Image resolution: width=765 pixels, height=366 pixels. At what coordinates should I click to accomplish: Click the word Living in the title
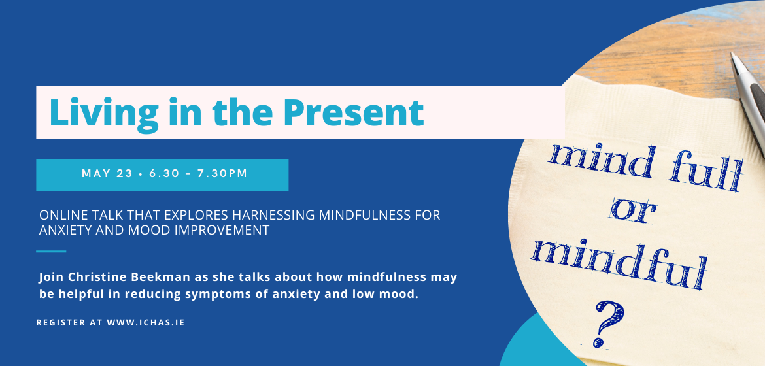pyautogui.click(x=104, y=114)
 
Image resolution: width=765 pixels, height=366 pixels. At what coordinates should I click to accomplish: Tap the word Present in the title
pyautogui.click(x=354, y=112)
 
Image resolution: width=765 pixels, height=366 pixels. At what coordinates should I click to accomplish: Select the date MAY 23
pyautogui.click(x=107, y=174)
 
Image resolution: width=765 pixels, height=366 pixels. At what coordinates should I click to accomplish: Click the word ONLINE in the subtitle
pyautogui.click(x=59, y=215)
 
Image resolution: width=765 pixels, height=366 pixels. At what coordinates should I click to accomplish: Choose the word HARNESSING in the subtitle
pyautogui.click(x=275, y=215)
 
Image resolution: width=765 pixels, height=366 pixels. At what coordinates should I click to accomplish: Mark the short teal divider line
pyautogui.click(x=51, y=252)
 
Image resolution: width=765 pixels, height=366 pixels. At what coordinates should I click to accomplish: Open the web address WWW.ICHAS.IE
pyautogui.click(x=146, y=323)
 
